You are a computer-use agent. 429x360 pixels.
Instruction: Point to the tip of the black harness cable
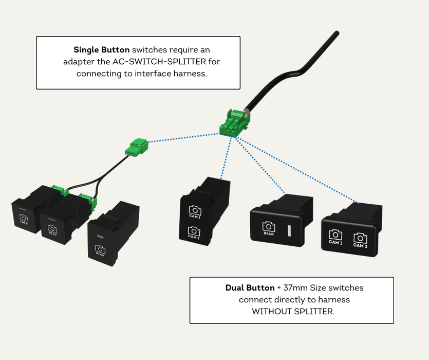[336, 34]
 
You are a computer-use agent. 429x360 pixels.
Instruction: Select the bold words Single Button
[102, 50]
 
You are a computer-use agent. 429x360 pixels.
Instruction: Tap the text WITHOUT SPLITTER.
[292, 311]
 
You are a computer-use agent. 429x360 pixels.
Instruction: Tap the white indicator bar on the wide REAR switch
[289, 229]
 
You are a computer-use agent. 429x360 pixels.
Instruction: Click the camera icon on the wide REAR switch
[268, 226]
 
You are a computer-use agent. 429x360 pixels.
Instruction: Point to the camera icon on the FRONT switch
[23, 218]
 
